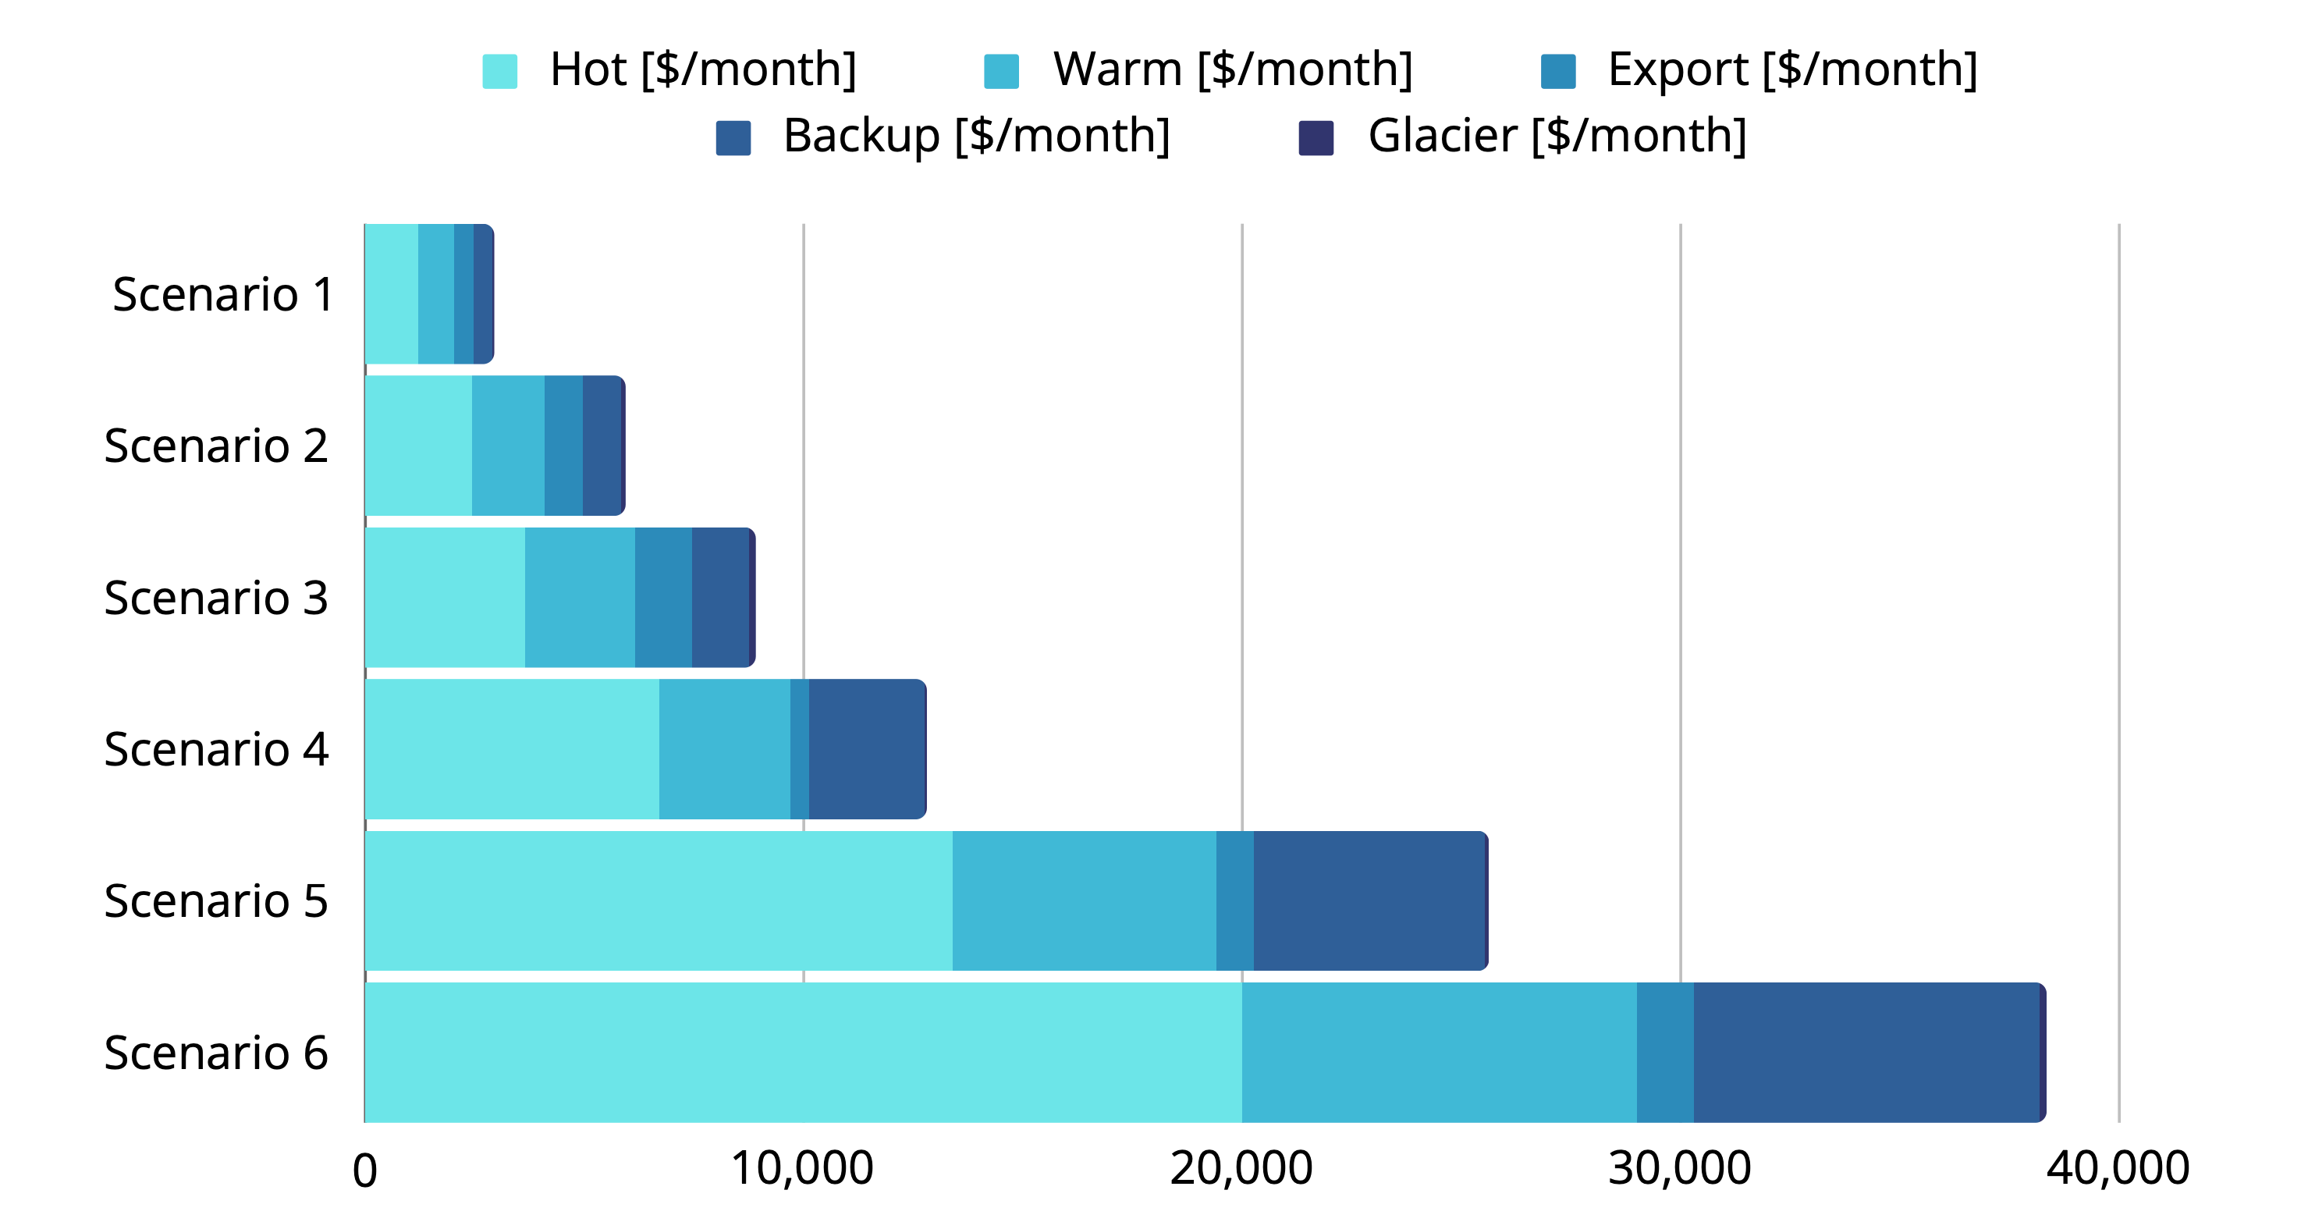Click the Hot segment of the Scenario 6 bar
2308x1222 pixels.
click(803, 1052)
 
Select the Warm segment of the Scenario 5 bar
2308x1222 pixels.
click(1084, 901)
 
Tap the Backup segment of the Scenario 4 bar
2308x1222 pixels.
click(866, 749)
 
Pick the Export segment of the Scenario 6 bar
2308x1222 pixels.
click(1665, 1052)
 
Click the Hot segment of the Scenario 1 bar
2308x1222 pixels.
click(392, 294)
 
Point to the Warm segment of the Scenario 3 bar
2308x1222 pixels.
click(580, 598)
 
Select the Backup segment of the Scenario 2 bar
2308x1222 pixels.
click(602, 446)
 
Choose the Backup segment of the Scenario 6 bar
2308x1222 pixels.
click(1866, 1052)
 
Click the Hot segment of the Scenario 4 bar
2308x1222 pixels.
click(512, 749)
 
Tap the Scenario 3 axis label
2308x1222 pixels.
click(216, 598)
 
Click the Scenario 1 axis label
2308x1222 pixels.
click(223, 294)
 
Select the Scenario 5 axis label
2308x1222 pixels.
click(216, 901)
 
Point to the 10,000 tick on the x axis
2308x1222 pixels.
click(802, 1168)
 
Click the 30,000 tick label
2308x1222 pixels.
click(1679, 1168)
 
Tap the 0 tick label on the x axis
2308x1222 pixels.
click(364, 1170)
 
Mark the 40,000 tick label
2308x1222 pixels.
click(2117, 1168)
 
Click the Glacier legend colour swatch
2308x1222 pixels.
click(1316, 138)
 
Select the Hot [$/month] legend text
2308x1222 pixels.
click(702, 70)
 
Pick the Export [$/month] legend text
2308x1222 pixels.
click(1792, 70)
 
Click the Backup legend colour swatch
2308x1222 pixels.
click(733, 138)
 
